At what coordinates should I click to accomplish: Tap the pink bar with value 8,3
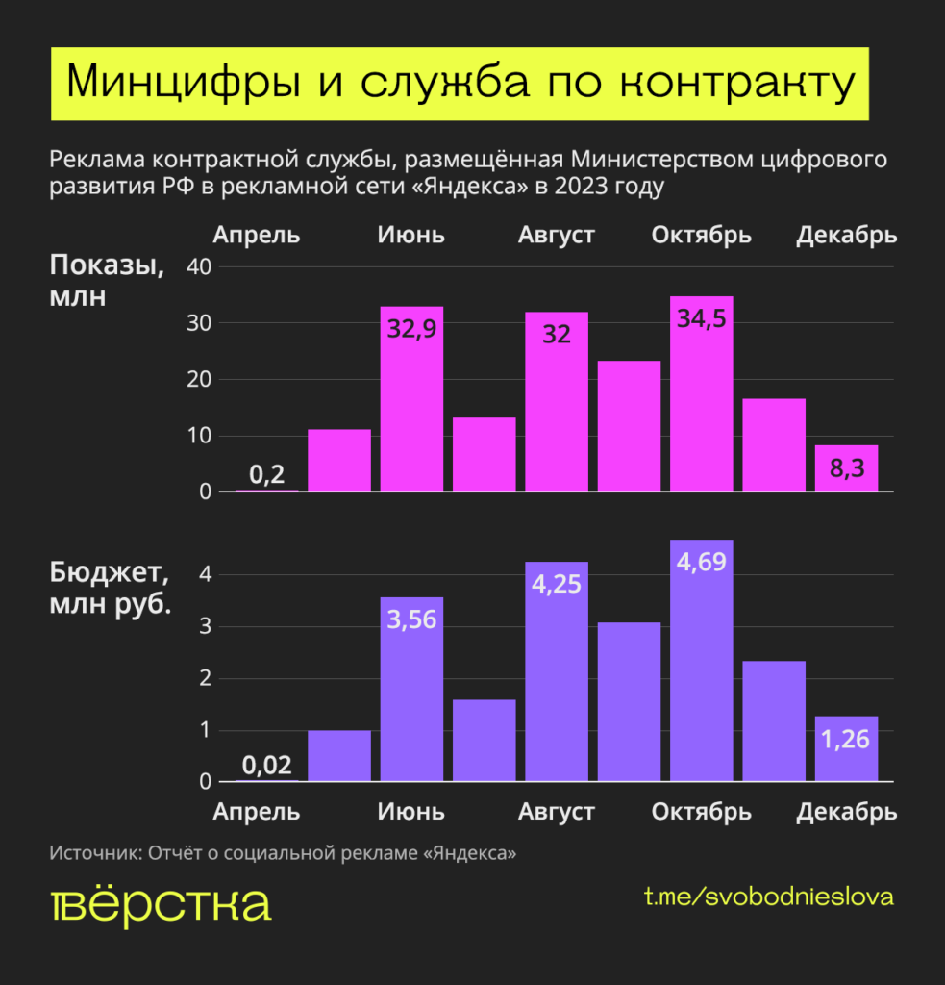click(x=846, y=468)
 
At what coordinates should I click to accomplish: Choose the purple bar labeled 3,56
click(x=411, y=702)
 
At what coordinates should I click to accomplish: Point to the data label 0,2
click(x=266, y=474)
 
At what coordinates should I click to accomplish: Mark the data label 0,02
click(x=266, y=766)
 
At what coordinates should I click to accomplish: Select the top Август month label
click(x=557, y=235)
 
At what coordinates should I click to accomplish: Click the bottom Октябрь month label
click(x=702, y=812)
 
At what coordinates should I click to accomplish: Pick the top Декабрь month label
click(x=846, y=235)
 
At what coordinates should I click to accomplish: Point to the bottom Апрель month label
click(x=257, y=812)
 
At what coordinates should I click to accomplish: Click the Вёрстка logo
click(x=160, y=905)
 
